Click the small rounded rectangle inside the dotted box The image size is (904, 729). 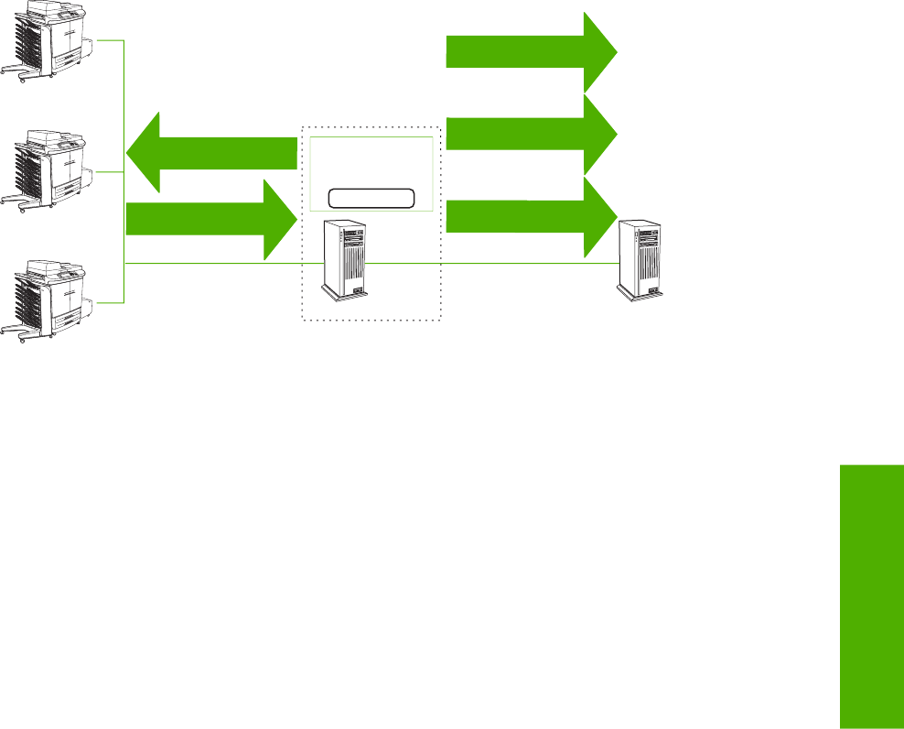pyautogui.click(x=371, y=198)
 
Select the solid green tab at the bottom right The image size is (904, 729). pyautogui.click(x=869, y=595)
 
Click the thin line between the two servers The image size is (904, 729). pyautogui.click(x=494, y=264)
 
